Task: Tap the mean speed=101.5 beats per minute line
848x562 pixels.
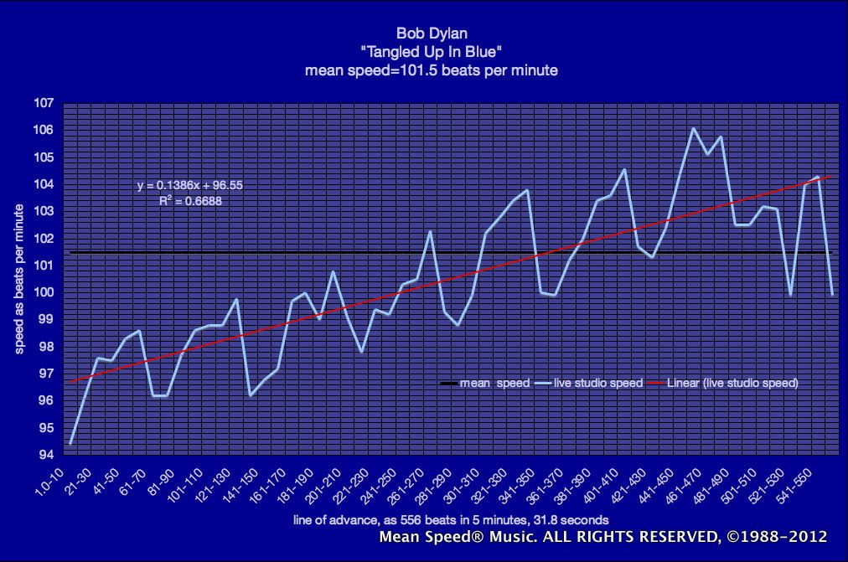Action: click(x=431, y=70)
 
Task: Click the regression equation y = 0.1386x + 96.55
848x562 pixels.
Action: click(x=190, y=186)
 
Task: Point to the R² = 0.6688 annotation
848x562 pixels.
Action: click(x=190, y=201)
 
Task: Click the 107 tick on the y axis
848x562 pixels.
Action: click(x=44, y=104)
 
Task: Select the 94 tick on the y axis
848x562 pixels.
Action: click(x=45, y=455)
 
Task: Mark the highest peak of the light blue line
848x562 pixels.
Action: click(x=693, y=128)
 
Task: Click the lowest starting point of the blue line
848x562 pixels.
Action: click(x=71, y=443)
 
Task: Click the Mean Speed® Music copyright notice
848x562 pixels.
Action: click(x=603, y=537)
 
